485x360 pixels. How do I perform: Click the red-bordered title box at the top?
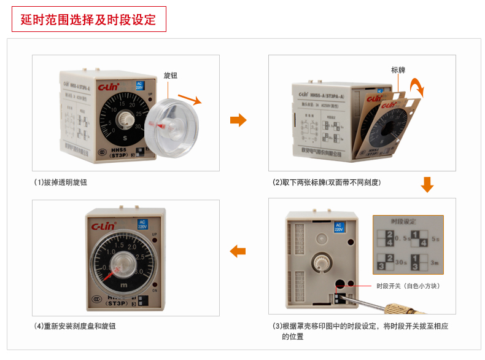click(89, 20)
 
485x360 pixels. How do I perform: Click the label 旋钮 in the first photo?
click(170, 76)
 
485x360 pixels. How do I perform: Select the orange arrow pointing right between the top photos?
click(238, 119)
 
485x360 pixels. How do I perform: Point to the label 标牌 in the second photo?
click(398, 70)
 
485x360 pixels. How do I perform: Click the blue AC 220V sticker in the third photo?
click(338, 227)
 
